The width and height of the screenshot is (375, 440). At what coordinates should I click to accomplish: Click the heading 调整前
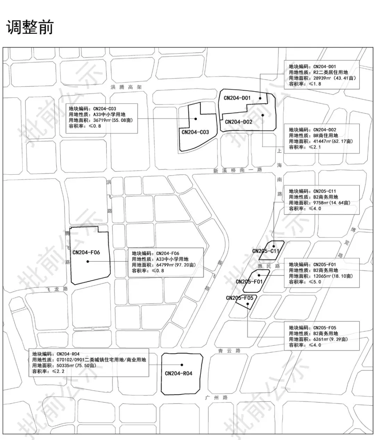(x=30, y=27)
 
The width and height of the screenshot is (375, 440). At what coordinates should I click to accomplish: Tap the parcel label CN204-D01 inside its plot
(x=237, y=98)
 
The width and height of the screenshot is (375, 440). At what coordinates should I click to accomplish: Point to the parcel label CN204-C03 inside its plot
(x=195, y=132)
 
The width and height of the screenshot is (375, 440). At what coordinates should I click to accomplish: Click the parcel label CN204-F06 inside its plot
(x=86, y=252)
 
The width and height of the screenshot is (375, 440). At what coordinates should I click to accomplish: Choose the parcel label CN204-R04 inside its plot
(x=178, y=373)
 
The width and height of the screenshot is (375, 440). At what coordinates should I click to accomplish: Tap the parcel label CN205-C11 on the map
(x=266, y=251)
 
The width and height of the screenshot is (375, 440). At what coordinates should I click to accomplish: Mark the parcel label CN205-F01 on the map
(x=249, y=281)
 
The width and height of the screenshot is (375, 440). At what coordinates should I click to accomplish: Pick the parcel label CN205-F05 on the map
(x=240, y=298)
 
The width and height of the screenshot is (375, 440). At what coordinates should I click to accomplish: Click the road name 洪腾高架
(x=126, y=87)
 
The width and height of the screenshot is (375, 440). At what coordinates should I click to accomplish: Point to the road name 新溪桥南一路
(x=237, y=171)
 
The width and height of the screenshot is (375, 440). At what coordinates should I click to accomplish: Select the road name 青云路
(x=229, y=351)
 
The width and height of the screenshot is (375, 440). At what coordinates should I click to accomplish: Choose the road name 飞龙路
(x=56, y=289)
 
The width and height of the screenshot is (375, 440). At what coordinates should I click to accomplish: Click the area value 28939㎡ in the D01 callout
(x=322, y=78)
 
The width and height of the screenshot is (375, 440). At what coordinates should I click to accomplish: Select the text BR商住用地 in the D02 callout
(x=325, y=135)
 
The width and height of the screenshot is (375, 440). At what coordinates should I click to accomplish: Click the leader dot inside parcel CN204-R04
(x=182, y=365)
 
